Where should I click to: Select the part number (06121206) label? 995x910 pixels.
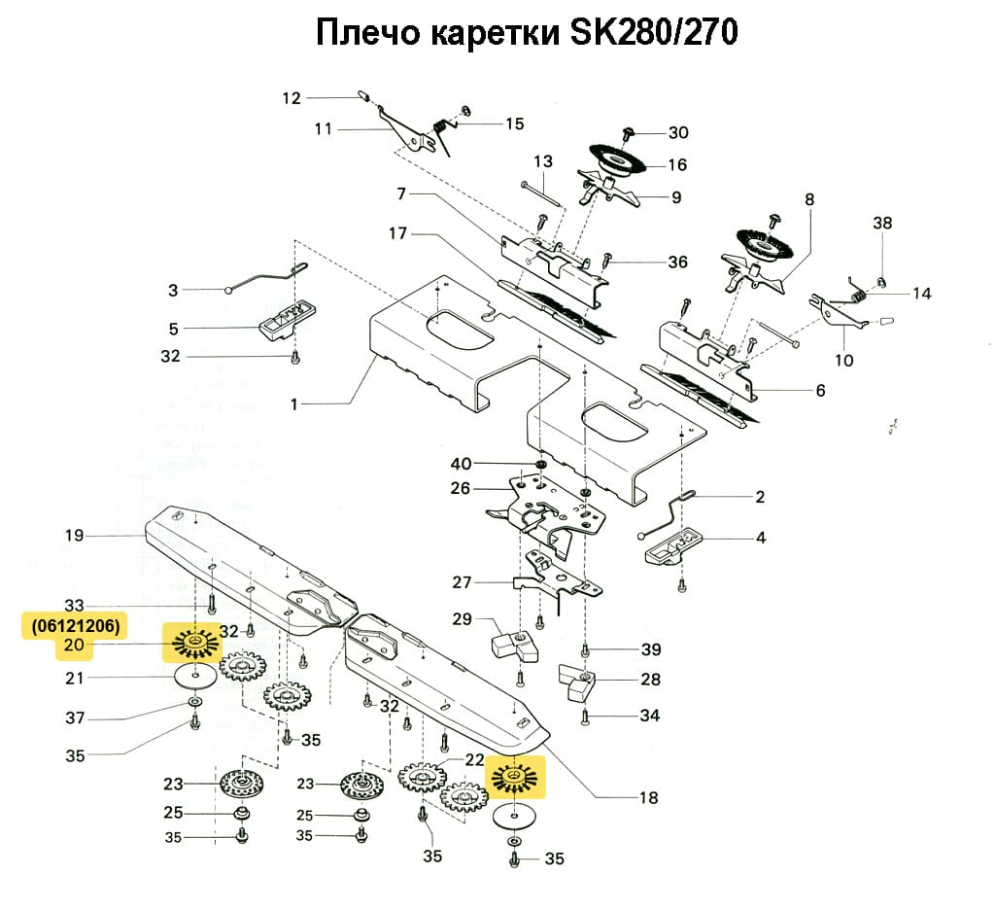[x=71, y=626]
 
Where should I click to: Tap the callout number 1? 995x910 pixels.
[x=294, y=403]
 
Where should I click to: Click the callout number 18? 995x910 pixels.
[x=648, y=798]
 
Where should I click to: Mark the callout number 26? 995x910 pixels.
[x=462, y=488]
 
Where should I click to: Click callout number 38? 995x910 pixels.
[x=881, y=223]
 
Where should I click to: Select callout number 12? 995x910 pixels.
[x=292, y=97]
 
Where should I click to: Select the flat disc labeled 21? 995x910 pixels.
[x=196, y=677]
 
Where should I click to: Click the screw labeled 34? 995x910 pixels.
[x=585, y=718]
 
